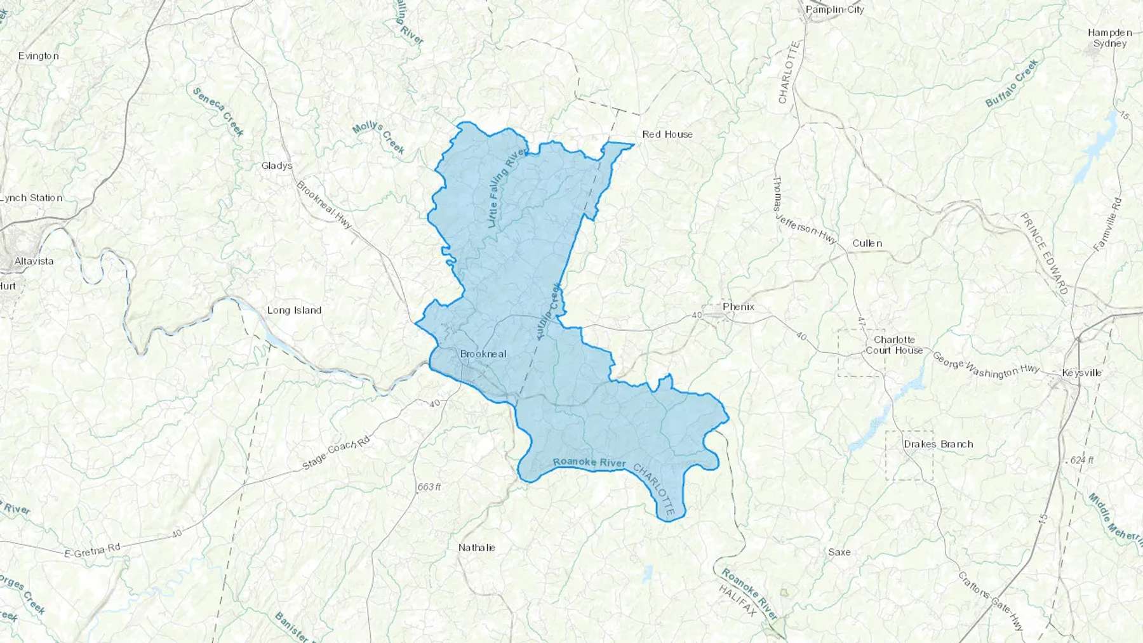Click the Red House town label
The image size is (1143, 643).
coord(667,135)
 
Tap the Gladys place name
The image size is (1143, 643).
coord(277,166)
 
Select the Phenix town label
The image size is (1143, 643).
coord(739,307)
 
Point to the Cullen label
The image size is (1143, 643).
coord(867,243)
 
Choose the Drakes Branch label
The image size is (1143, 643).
coord(938,444)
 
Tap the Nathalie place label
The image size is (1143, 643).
coord(476,547)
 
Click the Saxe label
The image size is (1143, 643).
coord(839,552)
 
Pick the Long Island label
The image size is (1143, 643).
coord(294,310)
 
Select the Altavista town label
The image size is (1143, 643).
coord(34,261)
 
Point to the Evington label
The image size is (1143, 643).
coord(38,56)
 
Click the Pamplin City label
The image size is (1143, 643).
coord(834,10)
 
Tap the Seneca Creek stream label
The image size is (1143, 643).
coord(218,112)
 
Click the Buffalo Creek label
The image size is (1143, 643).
coord(1012,83)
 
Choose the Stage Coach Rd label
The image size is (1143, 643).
coord(335,453)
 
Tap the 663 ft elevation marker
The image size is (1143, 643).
coord(429,487)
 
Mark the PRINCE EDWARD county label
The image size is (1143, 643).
coord(1044,253)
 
